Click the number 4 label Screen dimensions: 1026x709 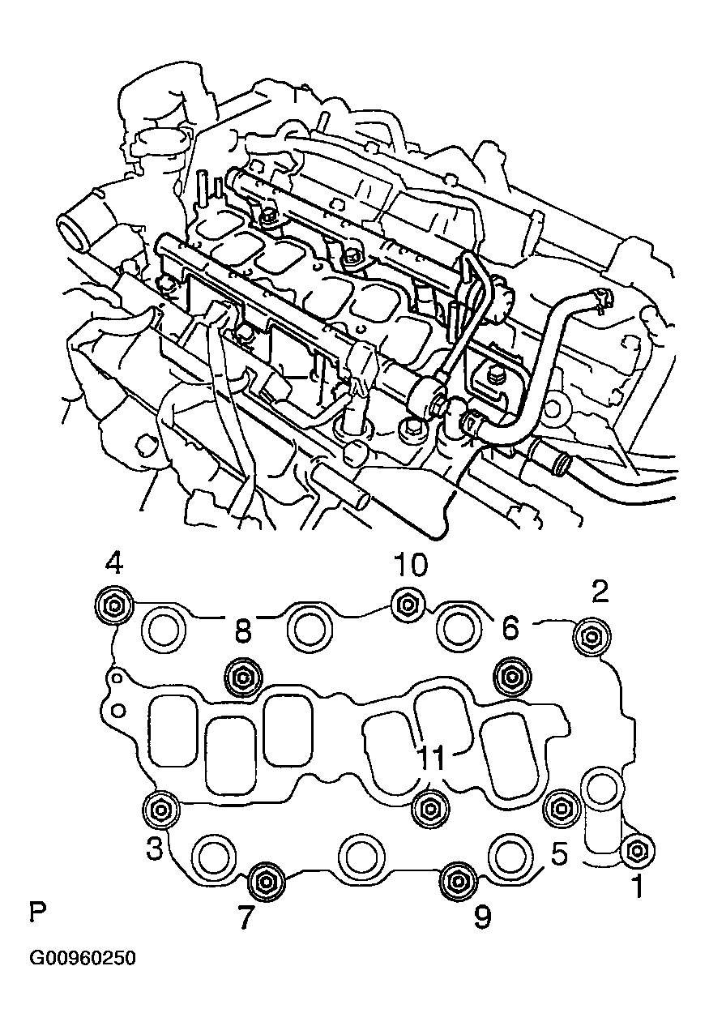114,563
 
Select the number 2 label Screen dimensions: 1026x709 600,592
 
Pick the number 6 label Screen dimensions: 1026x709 510,626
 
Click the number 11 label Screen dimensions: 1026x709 432,759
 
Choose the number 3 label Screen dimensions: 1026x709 155,849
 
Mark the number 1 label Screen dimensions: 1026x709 638,887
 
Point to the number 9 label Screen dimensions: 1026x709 481,917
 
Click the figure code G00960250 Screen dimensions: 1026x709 83,959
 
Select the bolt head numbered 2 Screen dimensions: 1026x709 589,637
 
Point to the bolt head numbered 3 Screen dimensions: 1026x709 160,808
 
